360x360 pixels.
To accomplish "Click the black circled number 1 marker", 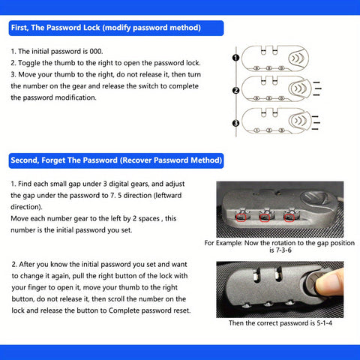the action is (235, 58).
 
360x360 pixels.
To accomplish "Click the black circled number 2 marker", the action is (235, 91).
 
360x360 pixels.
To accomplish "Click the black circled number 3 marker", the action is (235, 123).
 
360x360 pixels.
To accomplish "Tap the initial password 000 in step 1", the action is (96, 52).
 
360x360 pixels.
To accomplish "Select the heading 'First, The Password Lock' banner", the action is (116, 28).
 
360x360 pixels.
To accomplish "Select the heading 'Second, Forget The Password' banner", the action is (116, 160).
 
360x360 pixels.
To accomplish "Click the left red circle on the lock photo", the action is (241, 217).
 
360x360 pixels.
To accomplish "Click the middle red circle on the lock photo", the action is (265, 217).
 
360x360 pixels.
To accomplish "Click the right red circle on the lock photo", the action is (289, 217).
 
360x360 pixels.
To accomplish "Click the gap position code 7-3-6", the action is (280, 250).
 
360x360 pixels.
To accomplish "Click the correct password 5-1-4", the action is (325, 323).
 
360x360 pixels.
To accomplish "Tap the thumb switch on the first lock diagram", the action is (298, 58).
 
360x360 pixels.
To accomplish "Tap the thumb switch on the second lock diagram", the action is (300, 88).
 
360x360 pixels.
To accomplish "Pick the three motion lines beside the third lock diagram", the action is (316, 123).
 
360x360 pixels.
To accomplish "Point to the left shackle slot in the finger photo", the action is (255, 275).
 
